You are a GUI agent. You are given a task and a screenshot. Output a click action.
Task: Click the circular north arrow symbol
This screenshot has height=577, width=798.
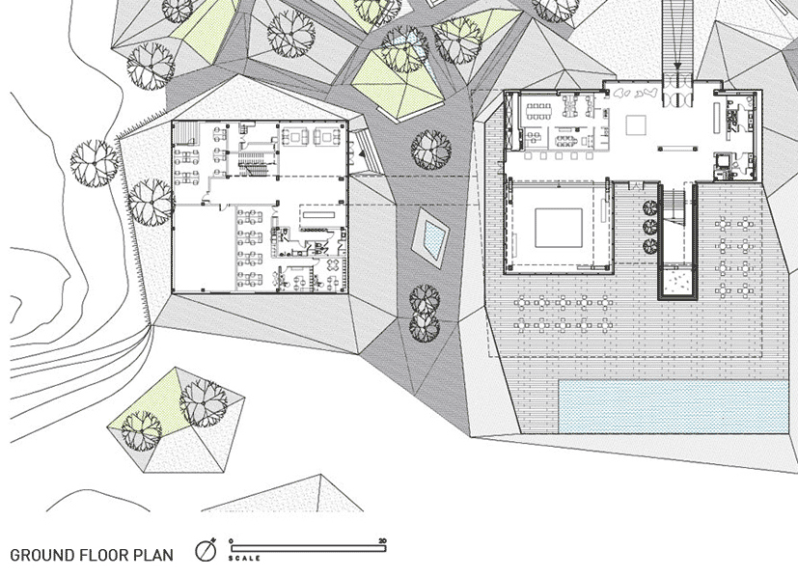[205, 551]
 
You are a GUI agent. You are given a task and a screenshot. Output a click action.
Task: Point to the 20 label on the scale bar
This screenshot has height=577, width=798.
[383, 540]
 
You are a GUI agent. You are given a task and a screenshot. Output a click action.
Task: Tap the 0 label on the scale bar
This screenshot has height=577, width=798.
[232, 540]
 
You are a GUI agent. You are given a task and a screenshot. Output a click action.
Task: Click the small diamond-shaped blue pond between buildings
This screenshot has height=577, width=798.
[429, 235]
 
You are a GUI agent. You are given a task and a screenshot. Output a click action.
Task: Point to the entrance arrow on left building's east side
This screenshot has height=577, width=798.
[360, 152]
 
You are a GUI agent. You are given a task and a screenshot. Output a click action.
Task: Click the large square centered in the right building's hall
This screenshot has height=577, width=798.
[559, 227]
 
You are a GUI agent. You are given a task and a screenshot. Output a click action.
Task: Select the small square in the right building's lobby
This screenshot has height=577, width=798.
[636, 125]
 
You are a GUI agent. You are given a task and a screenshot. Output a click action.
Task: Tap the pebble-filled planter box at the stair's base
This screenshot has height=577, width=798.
[679, 281]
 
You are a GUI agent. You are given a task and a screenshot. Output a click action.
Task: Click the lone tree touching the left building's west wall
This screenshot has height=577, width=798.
[151, 200]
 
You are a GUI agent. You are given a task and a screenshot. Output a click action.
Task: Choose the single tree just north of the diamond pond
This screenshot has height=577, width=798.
[430, 149]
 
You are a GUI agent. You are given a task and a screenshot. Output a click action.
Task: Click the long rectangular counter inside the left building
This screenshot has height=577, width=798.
[318, 216]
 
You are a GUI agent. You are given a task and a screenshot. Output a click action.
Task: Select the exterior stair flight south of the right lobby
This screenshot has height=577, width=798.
[675, 205]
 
